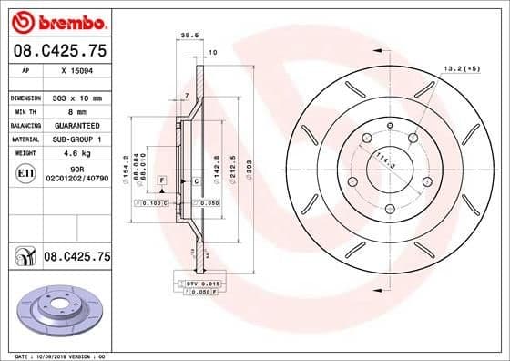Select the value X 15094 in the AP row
point(76,69)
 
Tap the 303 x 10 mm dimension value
point(76,96)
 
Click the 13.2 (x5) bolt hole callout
point(460,68)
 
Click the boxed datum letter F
point(161,182)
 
